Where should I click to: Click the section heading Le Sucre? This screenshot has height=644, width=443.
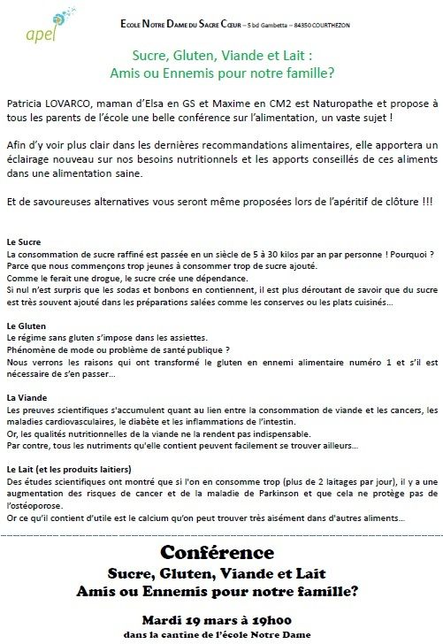pos(23,241)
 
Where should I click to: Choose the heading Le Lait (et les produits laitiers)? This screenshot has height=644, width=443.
pos(68,468)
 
